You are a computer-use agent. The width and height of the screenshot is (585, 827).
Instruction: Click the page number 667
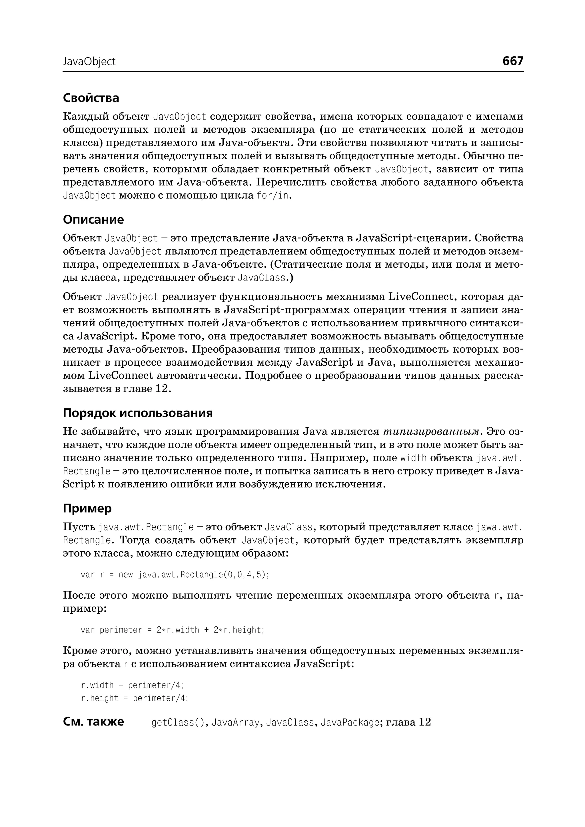coord(513,61)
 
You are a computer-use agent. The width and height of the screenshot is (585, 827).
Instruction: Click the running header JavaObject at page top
coord(89,62)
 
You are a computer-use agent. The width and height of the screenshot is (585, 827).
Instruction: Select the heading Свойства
coord(91,98)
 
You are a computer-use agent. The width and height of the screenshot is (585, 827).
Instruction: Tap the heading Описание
coord(93,219)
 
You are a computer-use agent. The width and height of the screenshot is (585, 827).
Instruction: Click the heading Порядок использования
coord(138,413)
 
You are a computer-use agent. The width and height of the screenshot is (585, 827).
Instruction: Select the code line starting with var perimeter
coord(173,630)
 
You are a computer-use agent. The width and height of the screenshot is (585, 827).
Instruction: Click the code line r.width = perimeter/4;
coord(132,685)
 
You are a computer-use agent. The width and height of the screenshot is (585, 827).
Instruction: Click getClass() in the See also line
coord(178,722)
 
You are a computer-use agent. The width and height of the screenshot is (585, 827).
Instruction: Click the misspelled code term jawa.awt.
coord(499,528)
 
